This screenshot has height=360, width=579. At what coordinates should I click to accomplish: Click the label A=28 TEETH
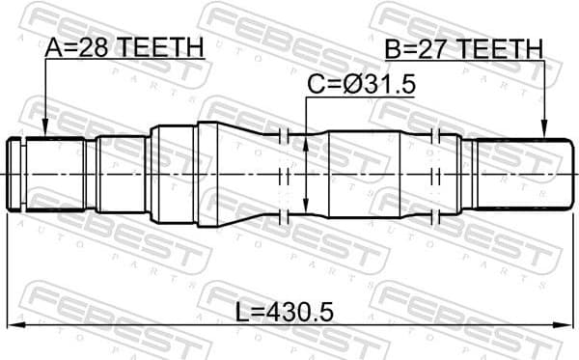[124, 45]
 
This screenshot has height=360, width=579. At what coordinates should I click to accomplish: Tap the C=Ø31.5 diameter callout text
[361, 85]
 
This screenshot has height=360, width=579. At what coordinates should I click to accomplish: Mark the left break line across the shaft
[285, 174]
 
